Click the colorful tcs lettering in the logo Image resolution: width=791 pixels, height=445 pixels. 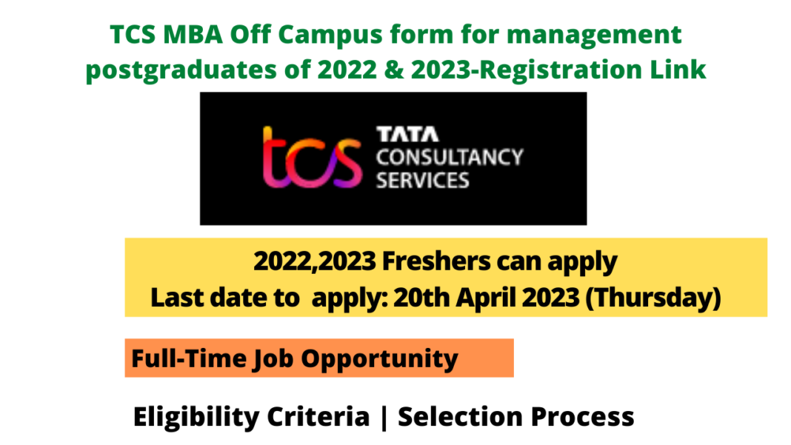pos(312,158)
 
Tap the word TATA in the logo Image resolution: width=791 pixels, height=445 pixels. pos(407,134)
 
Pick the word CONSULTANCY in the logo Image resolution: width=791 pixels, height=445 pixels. pos(450,158)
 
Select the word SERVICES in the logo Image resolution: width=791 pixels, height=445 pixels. pos(423,181)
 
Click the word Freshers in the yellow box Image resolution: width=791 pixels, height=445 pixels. pos(436,261)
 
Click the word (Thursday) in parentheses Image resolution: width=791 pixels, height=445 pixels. pos(653,298)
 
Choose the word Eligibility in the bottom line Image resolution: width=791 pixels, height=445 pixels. pos(197,418)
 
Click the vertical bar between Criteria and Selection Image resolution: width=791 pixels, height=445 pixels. pos(384,418)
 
